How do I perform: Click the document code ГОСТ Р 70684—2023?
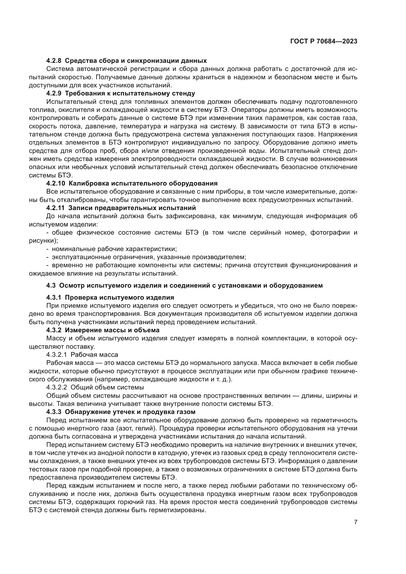tap(324, 41)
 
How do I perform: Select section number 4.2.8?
tap(54, 61)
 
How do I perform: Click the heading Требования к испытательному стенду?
tap(132, 93)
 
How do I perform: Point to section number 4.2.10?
tap(55, 184)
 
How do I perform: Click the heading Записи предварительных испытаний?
tap(132, 208)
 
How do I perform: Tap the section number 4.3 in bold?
tap(51, 285)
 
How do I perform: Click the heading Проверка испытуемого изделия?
tap(119, 297)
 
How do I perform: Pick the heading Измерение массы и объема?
tap(112, 330)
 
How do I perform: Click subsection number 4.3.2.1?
tap(56, 355)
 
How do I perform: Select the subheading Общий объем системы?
tap(107, 387)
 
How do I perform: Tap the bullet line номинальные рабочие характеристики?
tap(114, 249)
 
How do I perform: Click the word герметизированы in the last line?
tap(177, 510)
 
